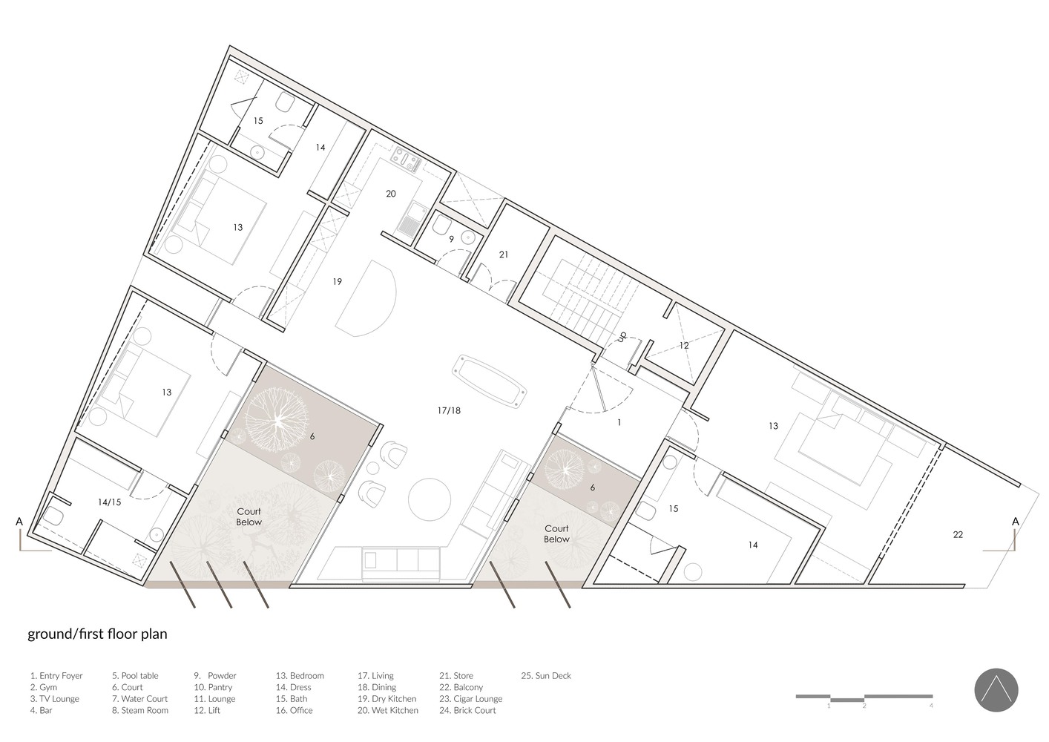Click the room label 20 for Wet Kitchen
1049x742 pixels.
(x=390, y=194)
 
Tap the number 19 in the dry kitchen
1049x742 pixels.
(x=337, y=281)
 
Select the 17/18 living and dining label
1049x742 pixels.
(x=449, y=410)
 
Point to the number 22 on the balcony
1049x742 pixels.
(x=958, y=534)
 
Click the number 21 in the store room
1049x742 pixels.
(x=504, y=255)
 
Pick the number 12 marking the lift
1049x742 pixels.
(x=684, y=346)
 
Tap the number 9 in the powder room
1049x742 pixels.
(x=452, y=239)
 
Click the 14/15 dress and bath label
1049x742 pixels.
(x=110, y=502)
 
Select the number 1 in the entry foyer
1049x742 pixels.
(x=619, y=422)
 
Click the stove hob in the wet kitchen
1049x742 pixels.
(x=406, y=158)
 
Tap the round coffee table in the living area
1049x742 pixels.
(x=430, y=499)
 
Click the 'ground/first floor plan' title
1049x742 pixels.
(x=97, y=634)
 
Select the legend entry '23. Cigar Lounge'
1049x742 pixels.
(x=470, y=699)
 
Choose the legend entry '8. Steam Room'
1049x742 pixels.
(x=140, y=710)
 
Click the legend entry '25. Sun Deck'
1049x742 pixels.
(x=546, y=675)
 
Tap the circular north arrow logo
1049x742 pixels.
(x=996, y=691)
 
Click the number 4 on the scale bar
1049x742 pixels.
(x=931, y=706)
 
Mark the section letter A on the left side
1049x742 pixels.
(x=19, y=522)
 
